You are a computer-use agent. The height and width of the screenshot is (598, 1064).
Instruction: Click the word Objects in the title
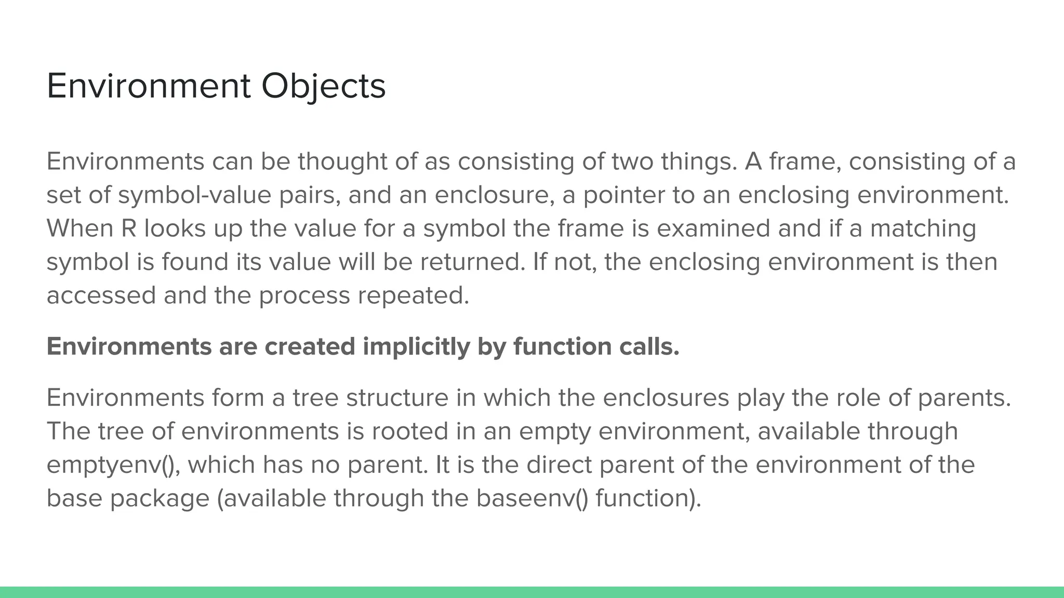[323, 86]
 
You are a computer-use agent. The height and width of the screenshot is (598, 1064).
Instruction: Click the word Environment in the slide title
[149, 86]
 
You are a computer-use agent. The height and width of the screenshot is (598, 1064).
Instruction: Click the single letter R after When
[128, 229]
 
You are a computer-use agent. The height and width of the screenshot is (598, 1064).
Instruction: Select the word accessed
[101, 295]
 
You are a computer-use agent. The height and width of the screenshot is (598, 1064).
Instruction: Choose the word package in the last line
[159, 498]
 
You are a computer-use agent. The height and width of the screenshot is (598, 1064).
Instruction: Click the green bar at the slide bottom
[532, 592]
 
